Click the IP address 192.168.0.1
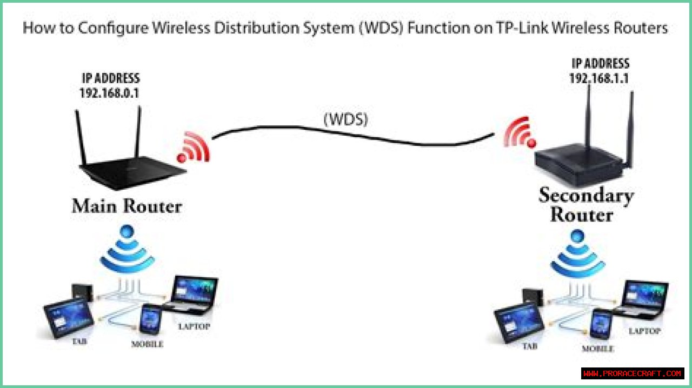pyautogui.click(x=109, y=93)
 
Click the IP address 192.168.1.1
pyautogui.click(x=599, y=78)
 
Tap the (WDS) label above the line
pyautogui.click(x=345, y=119)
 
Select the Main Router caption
pyautogui.click(x=127, y=206)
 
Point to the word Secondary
pyautogui.click(x=585, y=195)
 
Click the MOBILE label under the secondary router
pyautogui.click(x=597, y=349)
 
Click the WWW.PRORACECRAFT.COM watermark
pyautogui.click(x=633, y=373)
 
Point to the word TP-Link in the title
pyautogui.click(x=524, y=28)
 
